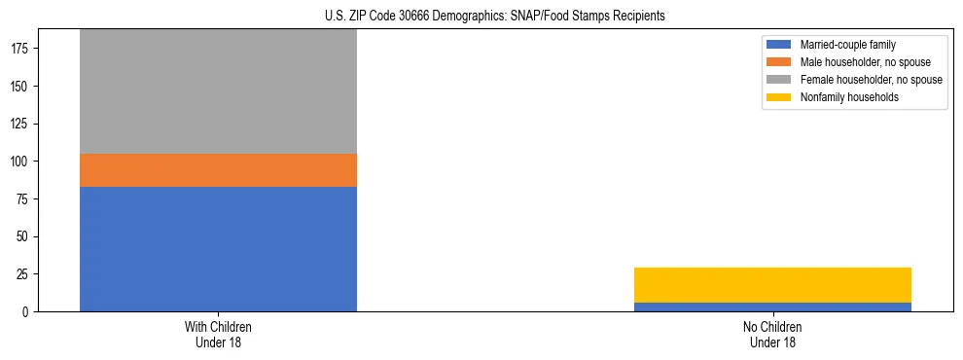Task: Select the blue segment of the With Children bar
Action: (x=218, y=249)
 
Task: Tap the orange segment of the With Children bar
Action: (x=218, y=170)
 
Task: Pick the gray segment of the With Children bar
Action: (x=218, y=91)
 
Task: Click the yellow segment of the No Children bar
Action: (x=772, y=285)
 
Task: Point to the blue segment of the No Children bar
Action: (x=772, y=307)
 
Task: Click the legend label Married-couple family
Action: (x=847, y=45)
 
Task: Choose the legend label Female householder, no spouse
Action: (x=871, y=80)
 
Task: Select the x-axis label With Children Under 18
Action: (x=218, y=334)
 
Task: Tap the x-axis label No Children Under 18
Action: (x=772, y=334)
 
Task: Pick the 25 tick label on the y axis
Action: (x=24, y=274)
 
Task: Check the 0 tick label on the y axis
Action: (x=28, y=312)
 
